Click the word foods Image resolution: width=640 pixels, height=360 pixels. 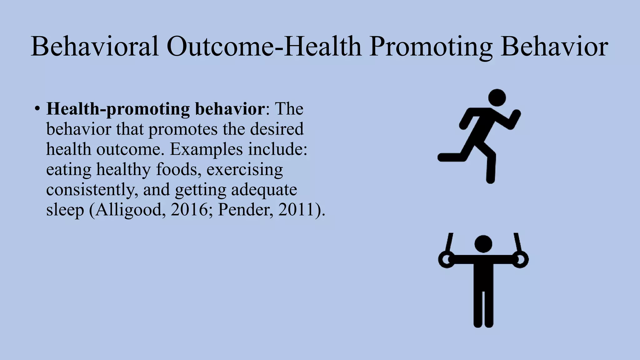click(177, 169)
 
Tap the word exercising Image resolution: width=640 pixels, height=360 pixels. click(245, 170)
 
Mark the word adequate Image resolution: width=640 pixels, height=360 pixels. click(264, 189)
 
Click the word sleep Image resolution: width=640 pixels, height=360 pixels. click(65, 210)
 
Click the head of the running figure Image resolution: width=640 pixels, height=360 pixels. click(497, 97)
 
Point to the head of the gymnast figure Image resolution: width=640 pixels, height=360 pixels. click(483, 244)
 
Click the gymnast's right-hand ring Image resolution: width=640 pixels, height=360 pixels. click(520, 260)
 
